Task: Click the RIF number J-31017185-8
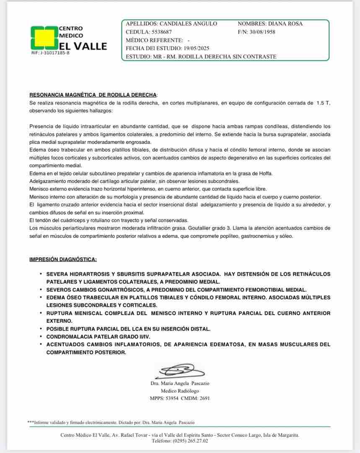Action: click(50, 53)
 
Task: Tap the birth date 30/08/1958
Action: click(262, 32)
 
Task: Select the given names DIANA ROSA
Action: click(285, 24)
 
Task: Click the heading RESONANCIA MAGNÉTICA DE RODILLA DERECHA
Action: click(93, 95)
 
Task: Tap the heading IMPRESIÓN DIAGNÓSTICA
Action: click(63, 259)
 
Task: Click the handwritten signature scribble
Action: click(180, 370)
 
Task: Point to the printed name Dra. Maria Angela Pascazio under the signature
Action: click(180, 383)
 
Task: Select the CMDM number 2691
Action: click(205, 398)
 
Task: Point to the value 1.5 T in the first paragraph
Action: click(323, 103)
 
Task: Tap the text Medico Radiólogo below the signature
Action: click(180, 391)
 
